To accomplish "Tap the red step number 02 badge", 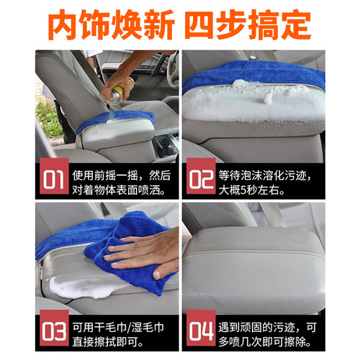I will click(199, 179).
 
